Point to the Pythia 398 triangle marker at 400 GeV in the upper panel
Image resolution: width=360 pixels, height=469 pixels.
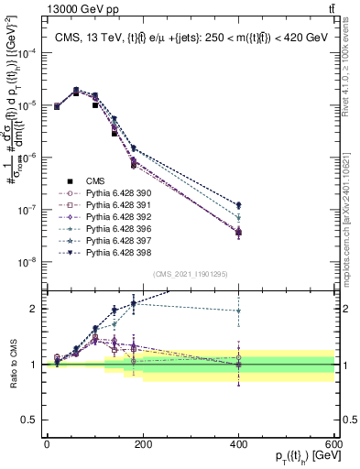(x=239, y=205)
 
